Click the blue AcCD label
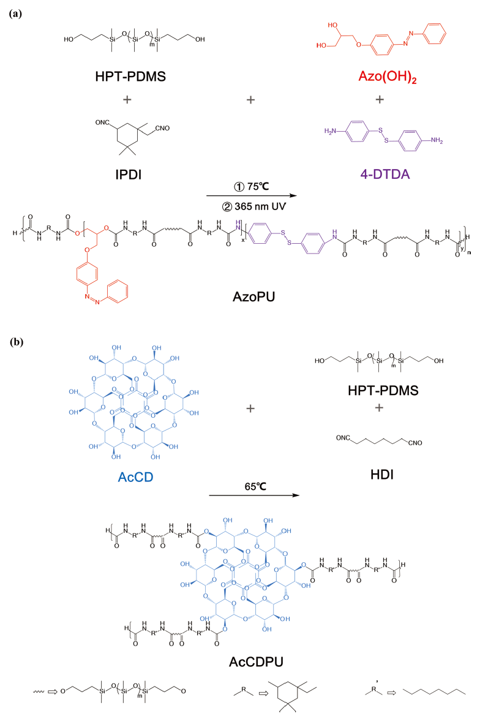tap(114, 473)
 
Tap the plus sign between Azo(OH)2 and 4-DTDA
tap(379, 100)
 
